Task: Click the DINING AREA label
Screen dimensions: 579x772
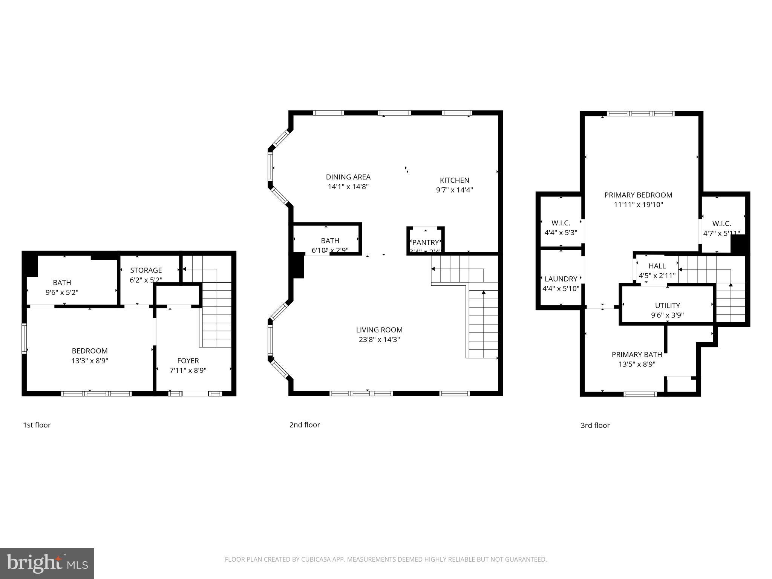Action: [x=348, y=177]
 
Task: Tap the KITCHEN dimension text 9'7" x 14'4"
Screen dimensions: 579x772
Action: [x=454, y=190]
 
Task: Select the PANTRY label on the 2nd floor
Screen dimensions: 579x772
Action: [x=426, y=242]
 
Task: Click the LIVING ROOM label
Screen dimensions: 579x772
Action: [x=379, y=330]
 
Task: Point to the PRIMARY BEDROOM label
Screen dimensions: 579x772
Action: [x=638, y=195]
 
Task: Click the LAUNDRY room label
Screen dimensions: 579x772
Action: [x=561, y=279]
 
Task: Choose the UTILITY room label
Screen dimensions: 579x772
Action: [x=667, y=305]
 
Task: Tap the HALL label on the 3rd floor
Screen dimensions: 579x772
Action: [x=657, y=266]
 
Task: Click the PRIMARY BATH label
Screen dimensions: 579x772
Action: [x=637, y=354]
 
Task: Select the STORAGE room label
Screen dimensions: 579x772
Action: [x=146, y=270]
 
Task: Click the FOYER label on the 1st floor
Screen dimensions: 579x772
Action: [x=188, y=361]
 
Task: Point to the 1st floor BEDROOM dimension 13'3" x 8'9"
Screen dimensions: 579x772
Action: [x=90, y=361]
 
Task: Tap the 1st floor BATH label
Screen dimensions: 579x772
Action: [x=62, y=282]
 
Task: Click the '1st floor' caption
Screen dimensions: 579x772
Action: [x=37, y=425]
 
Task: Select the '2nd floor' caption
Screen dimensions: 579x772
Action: [x=305, y=425]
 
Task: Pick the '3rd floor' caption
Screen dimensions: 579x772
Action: [x=595, y=426]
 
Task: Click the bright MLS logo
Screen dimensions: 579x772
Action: [x=47, y=563]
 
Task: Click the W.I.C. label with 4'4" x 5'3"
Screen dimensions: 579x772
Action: [x=561, y=223]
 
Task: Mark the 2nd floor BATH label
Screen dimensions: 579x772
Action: [x=330, y=240]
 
